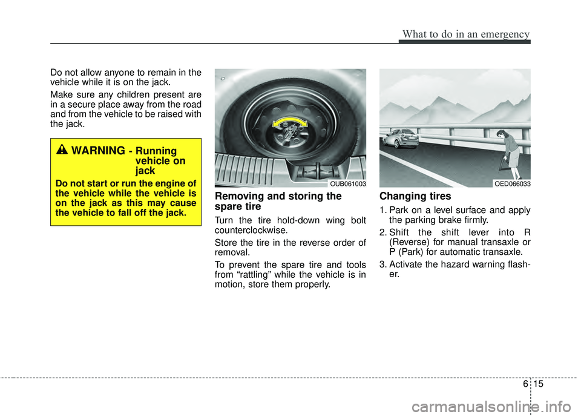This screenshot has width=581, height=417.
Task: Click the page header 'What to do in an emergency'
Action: [466, 34]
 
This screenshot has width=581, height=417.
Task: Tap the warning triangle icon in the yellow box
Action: [62, 149]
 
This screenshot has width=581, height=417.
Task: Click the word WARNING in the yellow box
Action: [98, 151]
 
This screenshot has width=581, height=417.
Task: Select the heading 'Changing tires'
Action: [415, 196]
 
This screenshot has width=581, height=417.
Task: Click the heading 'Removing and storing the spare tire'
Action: [278, 202]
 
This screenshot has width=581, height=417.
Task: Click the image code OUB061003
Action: [347, 184]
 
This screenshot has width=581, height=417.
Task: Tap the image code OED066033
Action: [513, 184]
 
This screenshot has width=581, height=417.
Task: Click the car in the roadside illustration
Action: [401, 138]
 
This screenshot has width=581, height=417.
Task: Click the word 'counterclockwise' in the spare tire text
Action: [250, 230]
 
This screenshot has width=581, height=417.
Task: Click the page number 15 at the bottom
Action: [539, 384]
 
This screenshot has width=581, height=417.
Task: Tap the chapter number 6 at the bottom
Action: [525, 384]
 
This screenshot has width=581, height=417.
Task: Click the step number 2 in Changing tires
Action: [382, 232]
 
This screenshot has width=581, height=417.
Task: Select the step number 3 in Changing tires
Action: [382, 264]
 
